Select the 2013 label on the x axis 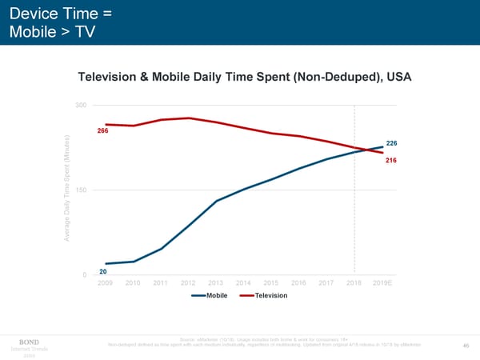pyautogui.click(x=215, y=283)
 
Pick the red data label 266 pyautogui.click(x=102, y=131)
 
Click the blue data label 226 pyautogui.click(x=391, y=143)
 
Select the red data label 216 pyautogui.click(x=391, y=161)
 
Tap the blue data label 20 pyautogui.click(x=103, y=272)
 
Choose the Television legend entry pyautogui.click(x=270, y=296)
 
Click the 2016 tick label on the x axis pyautogui.click(x=298, y=283)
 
